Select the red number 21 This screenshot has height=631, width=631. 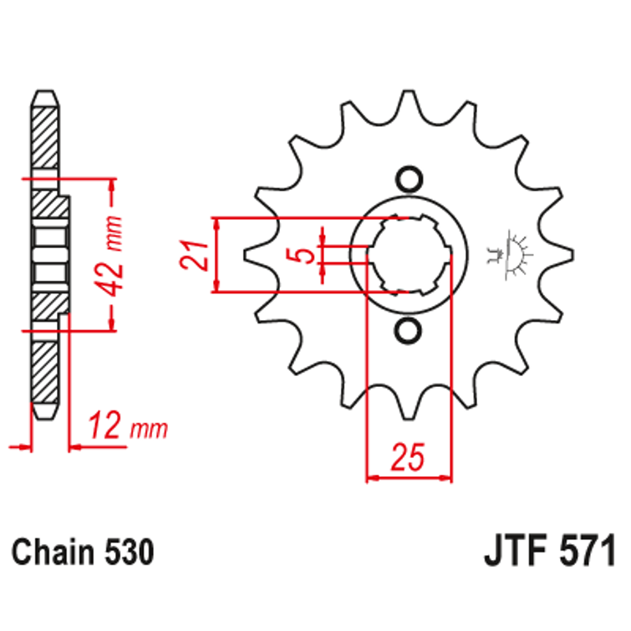pos(191,255)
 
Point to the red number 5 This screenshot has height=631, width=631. pos(305,255)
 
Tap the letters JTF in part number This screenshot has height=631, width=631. pos(511,552)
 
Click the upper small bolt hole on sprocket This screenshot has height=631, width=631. pos(408,179)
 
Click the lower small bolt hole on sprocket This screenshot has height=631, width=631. pos(408,331)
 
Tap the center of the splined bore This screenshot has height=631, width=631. pos(409,255)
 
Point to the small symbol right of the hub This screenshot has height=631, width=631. pos(511,253)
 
